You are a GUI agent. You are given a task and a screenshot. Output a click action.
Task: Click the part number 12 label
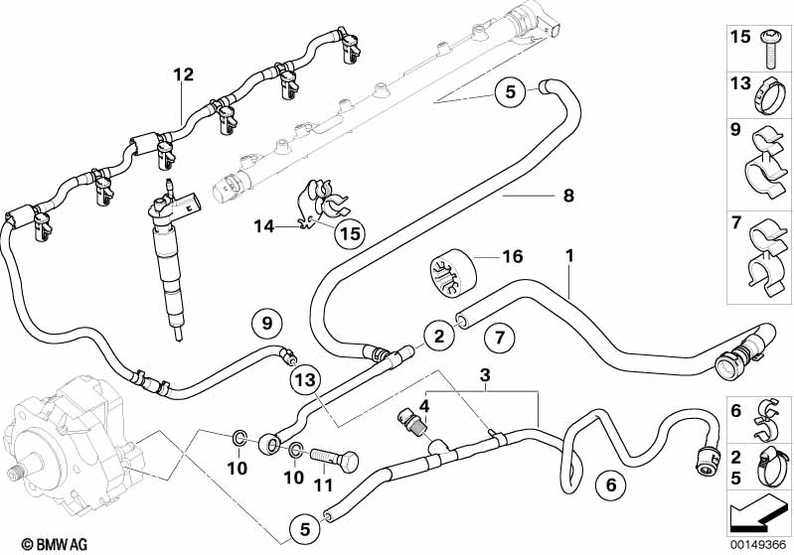[x=183, y=73]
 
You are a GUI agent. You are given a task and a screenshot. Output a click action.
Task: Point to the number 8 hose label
[x=567, y=196]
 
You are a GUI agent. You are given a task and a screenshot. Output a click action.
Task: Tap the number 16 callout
[x=512, y=257]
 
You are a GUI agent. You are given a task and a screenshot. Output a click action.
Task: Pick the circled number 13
[x=305, y=379]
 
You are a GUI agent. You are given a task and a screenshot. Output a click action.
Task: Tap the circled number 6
[x=609, y=486]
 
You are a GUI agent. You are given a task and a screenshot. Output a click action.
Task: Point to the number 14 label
[x=264, y=227]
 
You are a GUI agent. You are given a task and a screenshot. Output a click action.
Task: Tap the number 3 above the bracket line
[x=485, y=375]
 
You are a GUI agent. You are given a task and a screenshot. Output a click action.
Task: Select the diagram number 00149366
[x=759, y=543]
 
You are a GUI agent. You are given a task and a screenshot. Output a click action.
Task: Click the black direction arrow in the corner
[x=757, y=514]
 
